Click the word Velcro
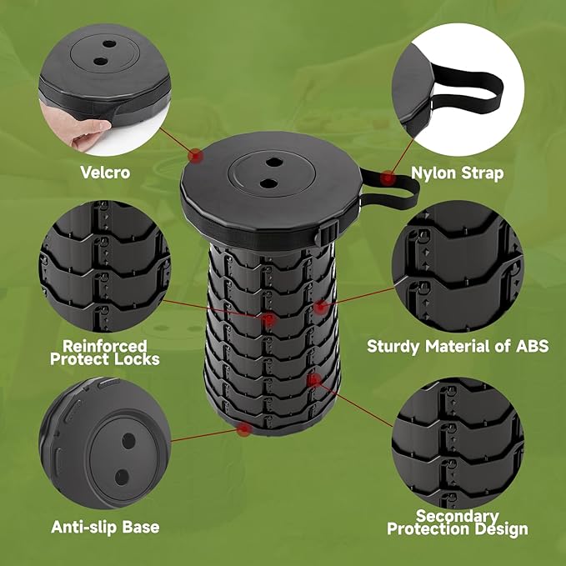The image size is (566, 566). pyautogui.click(x=105, y=173)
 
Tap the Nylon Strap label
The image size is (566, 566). pyautogui.click(x=458, y=173)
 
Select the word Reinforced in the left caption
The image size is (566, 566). pyautogui.click(x=105, y=346)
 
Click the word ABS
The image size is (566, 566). pyautogui.click(x=532, y=346)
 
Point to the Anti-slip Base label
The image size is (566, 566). pyautogui.click(x=105, y=527)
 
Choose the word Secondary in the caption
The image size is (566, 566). pyautogui.click(x=458, y=516)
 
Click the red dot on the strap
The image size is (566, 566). pyautogui.click(x=388, y=178)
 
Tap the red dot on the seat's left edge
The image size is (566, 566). pyautogui.click(x=195, y=156)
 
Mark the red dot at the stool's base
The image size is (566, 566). pyautogui.click(x=244, y=429)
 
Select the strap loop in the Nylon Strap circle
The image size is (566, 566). pyautogui.click(x=466, y=89)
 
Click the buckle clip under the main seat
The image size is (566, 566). pyautogui.click(x=327, y=234)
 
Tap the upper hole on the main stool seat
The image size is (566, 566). pyautogui.click(x=274, y=162)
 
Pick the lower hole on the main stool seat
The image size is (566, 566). pyautogui.click(x=269, y=183)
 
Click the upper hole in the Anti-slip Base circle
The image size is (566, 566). pyautogui.click(x=128, y=441)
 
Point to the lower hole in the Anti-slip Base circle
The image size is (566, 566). pyautogui.click(x=122, y=478)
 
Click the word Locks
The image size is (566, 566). pyautogui.click(x=140, y=359)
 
